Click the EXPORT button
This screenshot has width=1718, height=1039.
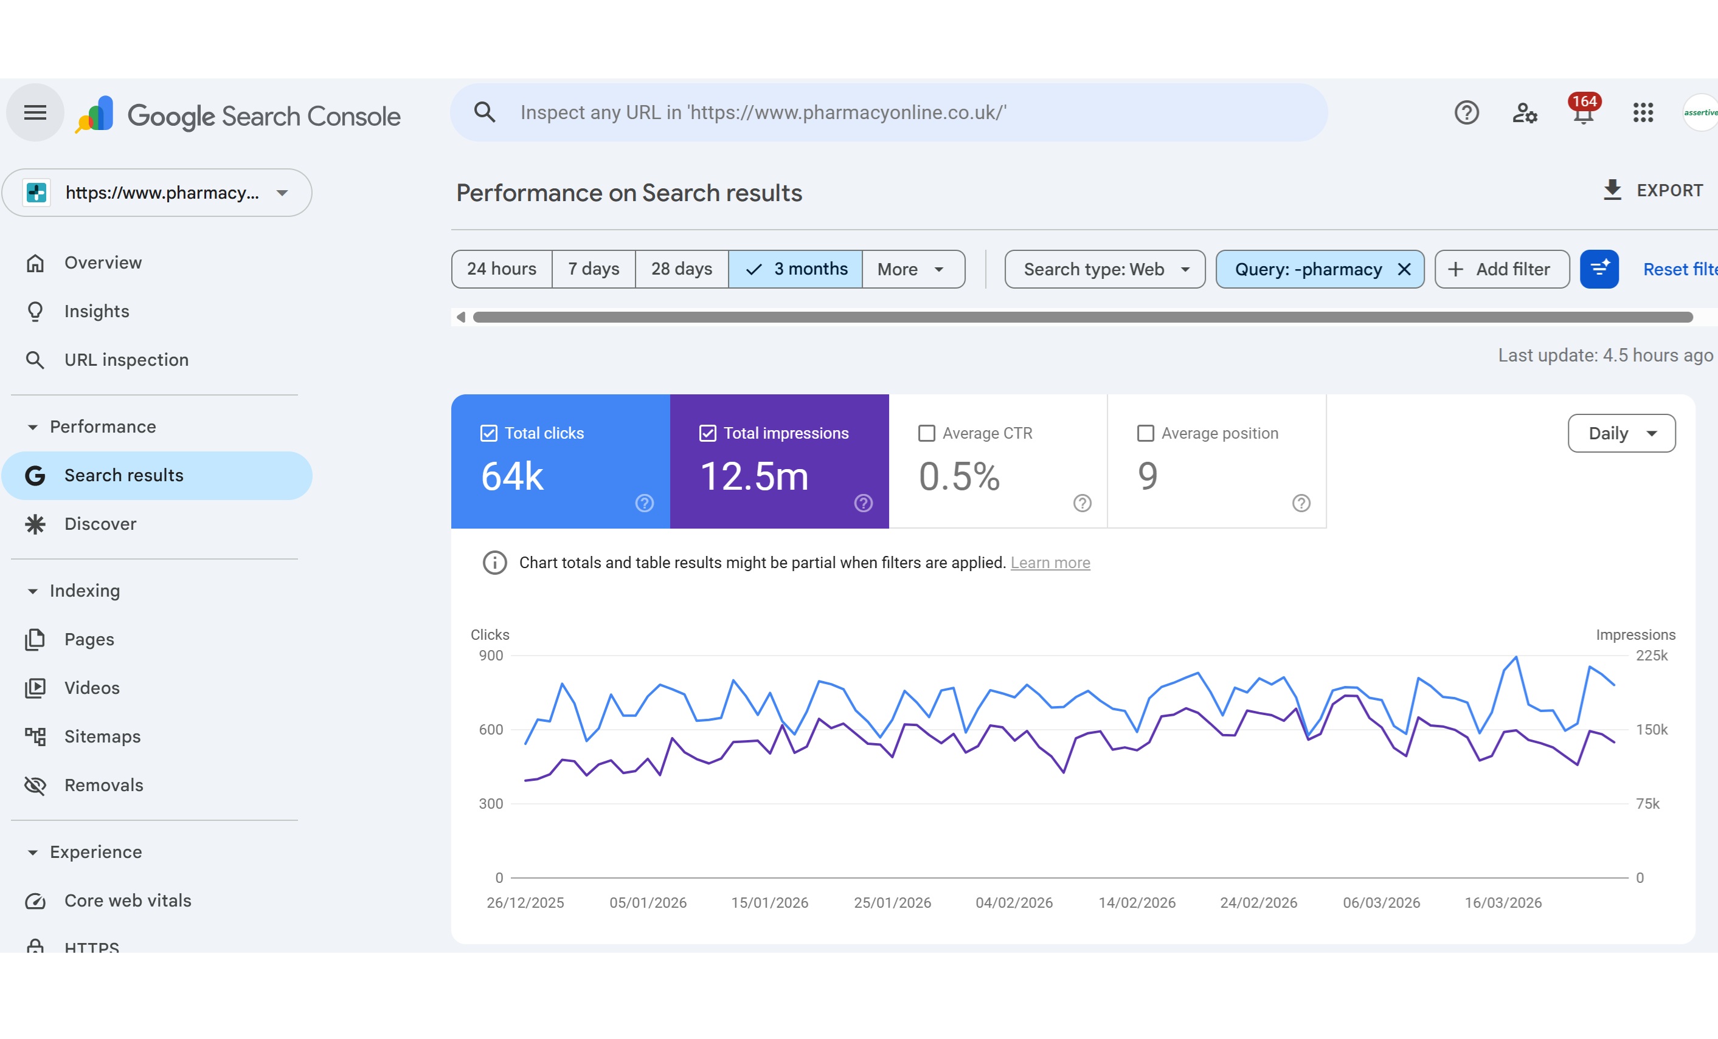click(1652, 190)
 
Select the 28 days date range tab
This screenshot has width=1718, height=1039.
click(681, 269)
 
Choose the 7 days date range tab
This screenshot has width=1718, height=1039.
click(594, 269)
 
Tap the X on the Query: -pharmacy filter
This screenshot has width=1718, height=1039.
click(1404, 269)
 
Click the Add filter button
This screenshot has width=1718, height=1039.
click(1502, 269)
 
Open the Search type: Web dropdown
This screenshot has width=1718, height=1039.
click(1104, 269)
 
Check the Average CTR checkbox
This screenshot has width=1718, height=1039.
click(927, 433)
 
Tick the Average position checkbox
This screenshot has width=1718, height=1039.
click(1145, 433)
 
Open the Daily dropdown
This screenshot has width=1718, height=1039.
click(1621, 433)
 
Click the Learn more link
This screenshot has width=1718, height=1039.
click(1050, 563)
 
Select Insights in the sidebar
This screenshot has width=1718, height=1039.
click(97, 312)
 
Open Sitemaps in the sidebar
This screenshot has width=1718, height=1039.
click(103, 736)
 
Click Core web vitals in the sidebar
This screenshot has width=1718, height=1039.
click(128, 900)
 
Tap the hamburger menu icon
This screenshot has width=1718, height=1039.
click(35, 113)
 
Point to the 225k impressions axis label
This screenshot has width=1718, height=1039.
click(1652, 656)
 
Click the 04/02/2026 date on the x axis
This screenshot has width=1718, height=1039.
click(1014, 902)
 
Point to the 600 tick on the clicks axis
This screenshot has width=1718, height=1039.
click(491, 730)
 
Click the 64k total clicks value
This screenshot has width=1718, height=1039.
click(513, 476)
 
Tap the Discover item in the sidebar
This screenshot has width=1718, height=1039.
click(100, 524)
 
